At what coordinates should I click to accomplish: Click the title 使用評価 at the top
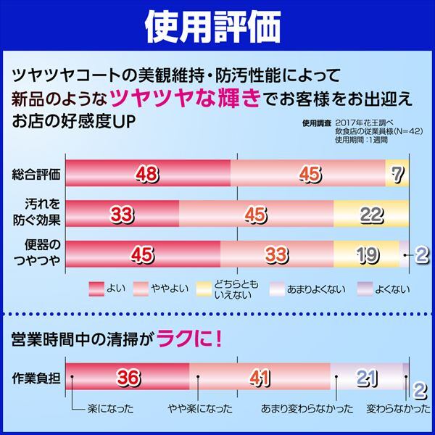coord(217,27)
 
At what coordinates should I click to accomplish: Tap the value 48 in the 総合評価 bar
coord(148,173)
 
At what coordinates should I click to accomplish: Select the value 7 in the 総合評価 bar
coord(395,173)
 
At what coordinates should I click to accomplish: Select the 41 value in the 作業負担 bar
coord(260,378)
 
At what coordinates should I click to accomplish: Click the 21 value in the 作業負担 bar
coord(367,378)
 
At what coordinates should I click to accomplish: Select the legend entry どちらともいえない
coord(231,289)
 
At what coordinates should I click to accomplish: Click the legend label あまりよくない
coord(316,289)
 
